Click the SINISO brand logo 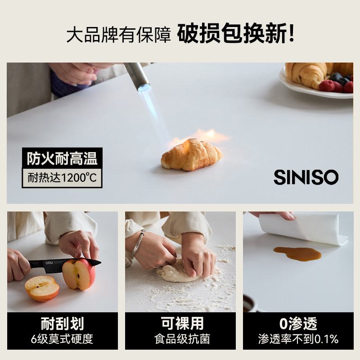point(306,177)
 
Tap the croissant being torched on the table point(192,154)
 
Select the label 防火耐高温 point(62,158)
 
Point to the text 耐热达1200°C point(62,177)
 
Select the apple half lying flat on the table point(41,288)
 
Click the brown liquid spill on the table point(297,253)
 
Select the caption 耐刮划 point(62,323)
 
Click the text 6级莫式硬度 point(62,339)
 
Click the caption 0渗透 point(298,323)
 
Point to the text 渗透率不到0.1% point(298,339)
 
